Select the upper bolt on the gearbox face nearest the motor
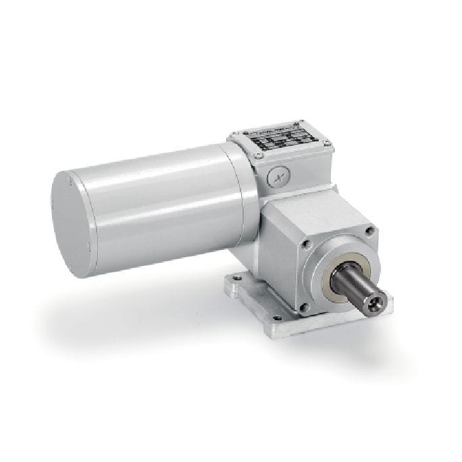(307, 242)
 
